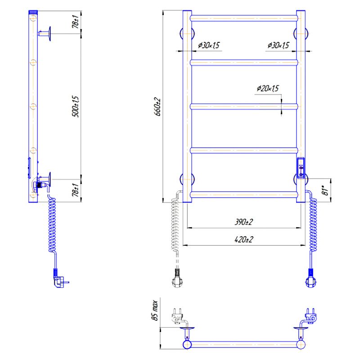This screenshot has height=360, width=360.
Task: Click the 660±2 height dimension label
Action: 158,107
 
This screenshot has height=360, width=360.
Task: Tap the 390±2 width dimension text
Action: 244,222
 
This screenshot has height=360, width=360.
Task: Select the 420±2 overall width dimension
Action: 244,239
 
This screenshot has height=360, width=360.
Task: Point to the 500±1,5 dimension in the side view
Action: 76,106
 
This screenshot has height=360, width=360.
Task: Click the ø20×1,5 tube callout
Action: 268,88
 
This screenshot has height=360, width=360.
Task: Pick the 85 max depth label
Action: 155,310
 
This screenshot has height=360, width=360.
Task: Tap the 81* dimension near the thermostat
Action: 325,191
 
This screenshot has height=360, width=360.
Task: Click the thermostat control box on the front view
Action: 301,168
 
